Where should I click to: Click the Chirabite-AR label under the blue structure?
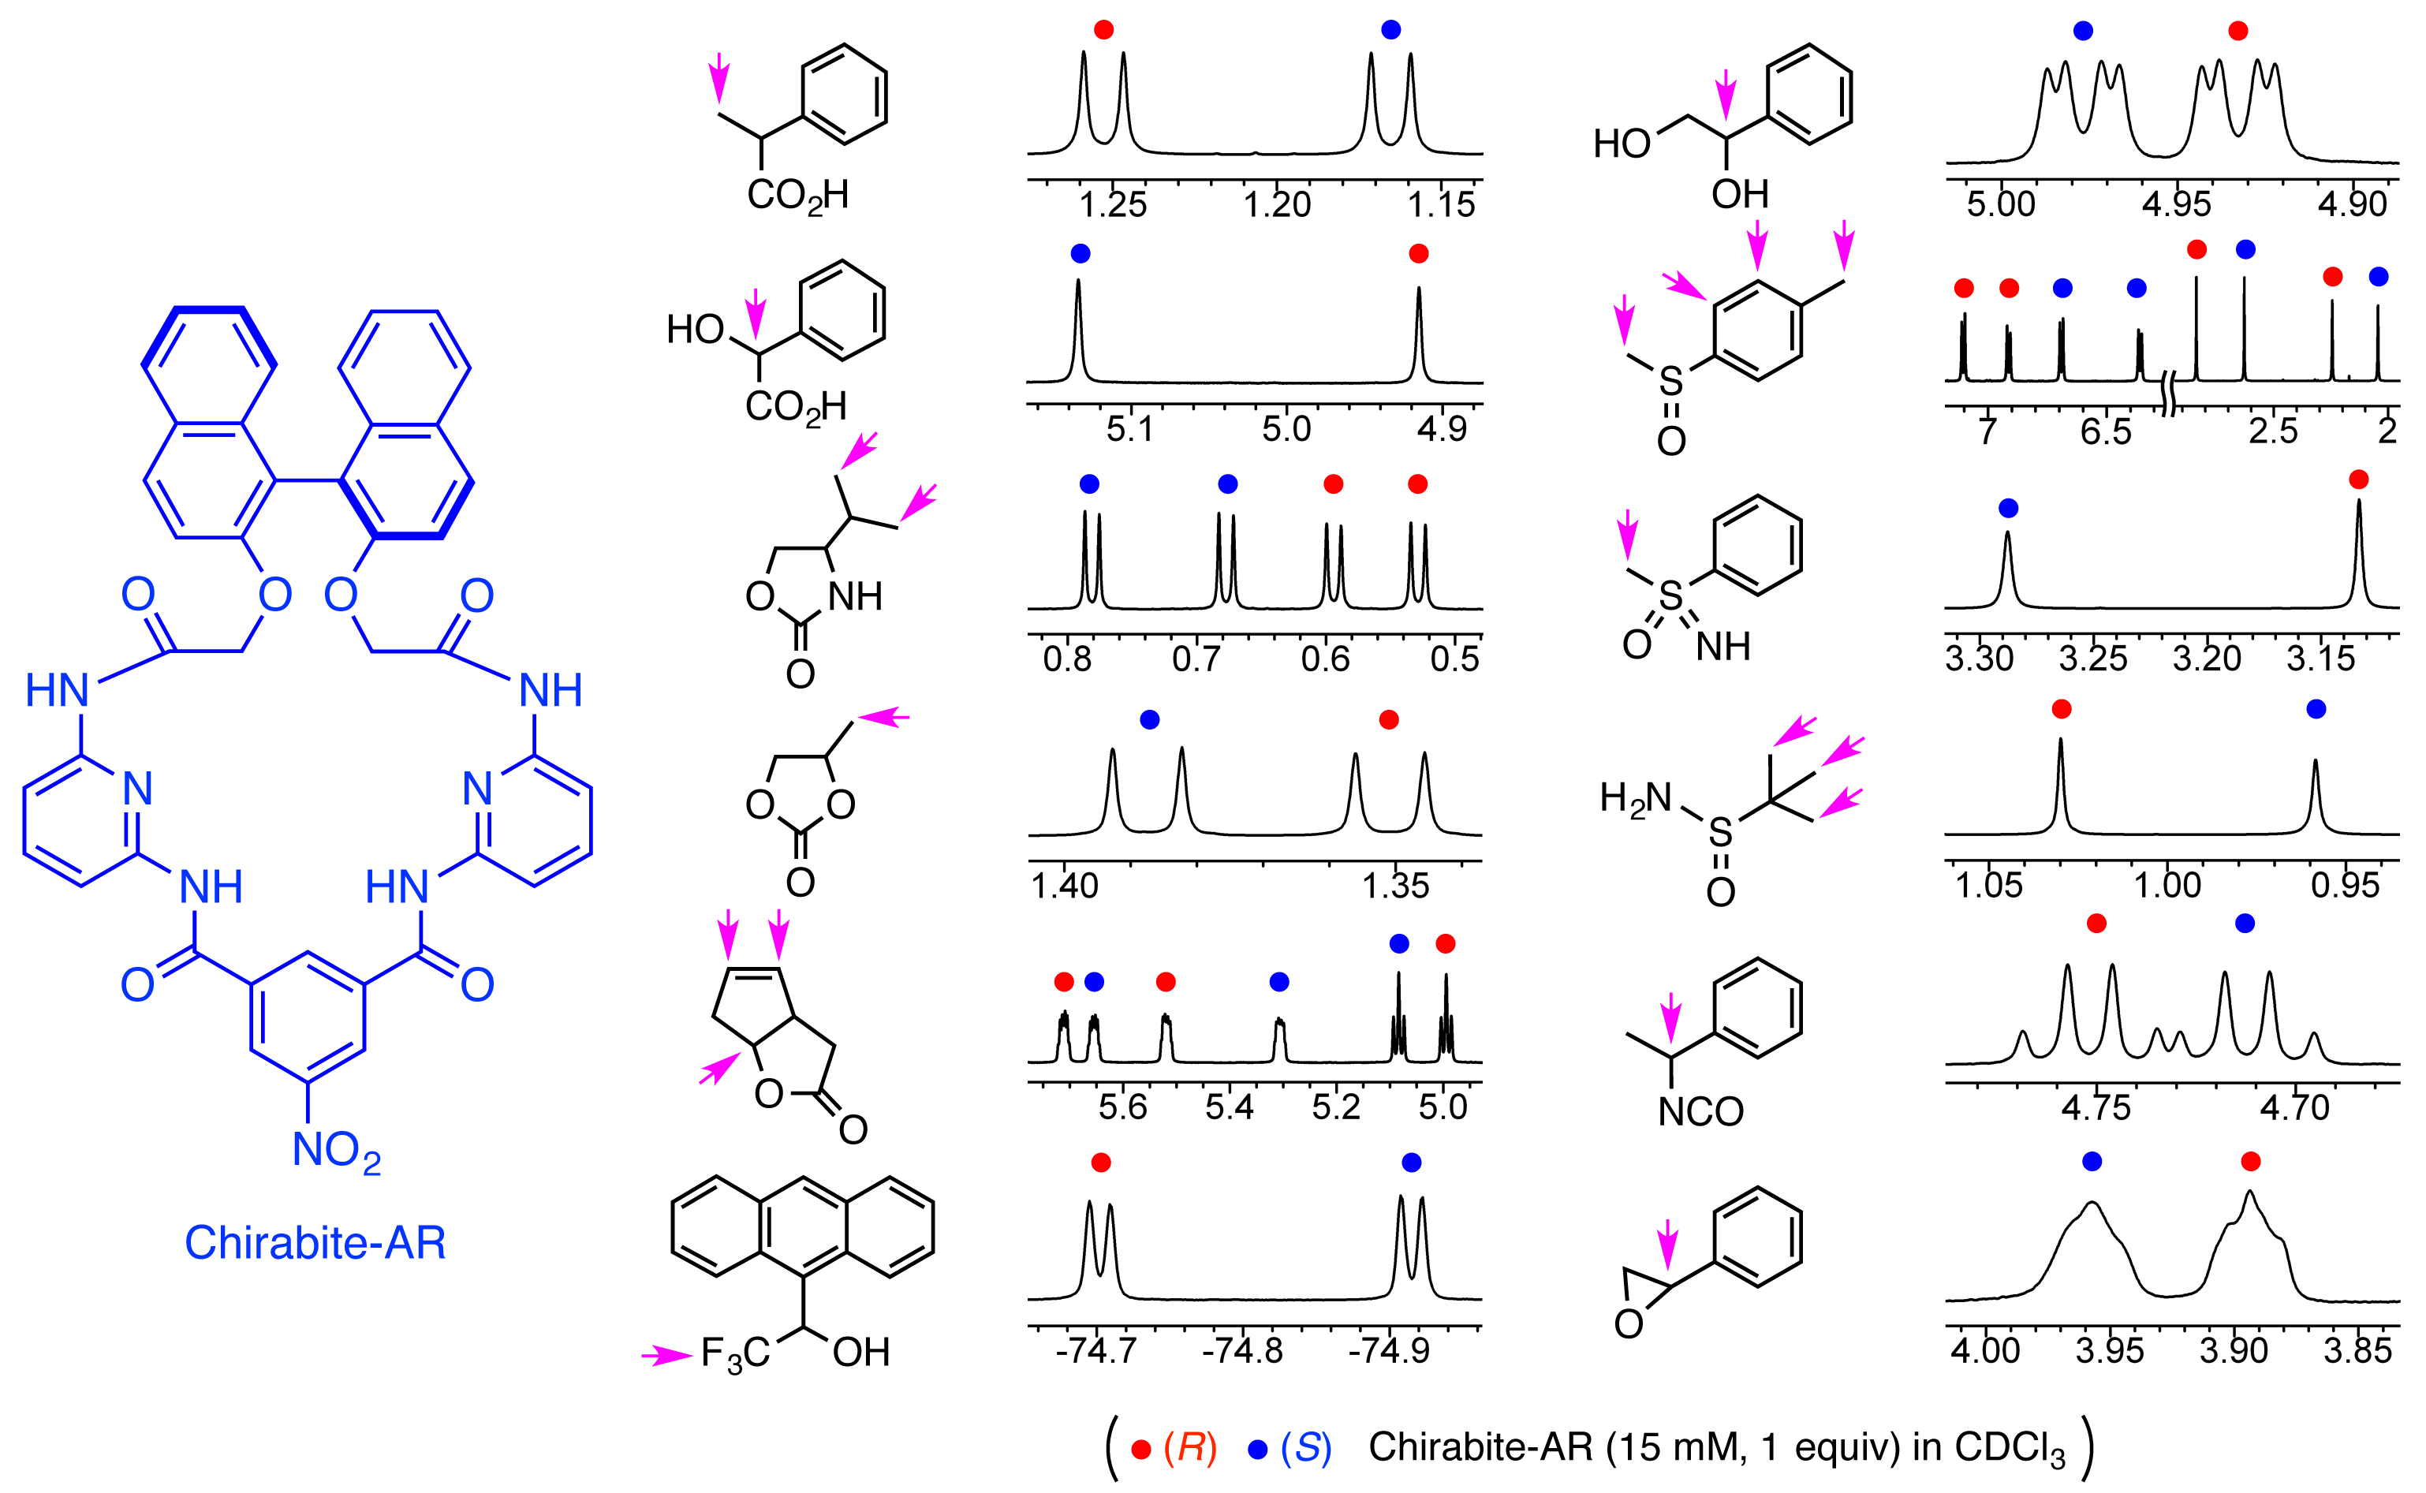(315, 1242)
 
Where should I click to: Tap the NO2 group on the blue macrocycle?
(336, 1151)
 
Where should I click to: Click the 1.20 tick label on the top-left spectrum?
(1277, 204)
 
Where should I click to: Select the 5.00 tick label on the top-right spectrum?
(2000, 204)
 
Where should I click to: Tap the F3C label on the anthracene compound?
(734, 1353)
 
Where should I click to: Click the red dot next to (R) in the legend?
(1141, 1450)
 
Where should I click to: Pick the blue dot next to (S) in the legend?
(1257, 1450)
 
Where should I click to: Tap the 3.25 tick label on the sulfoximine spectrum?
(2092, 658)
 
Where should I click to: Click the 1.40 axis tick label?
(1065, 886)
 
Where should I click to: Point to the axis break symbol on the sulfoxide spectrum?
(2168, 394)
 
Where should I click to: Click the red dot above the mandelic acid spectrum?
(1418, 254)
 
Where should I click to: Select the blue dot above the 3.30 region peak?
(2007, 509)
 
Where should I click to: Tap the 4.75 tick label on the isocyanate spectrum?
(2096, 1107)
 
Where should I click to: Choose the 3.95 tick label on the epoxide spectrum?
(2109, 1349)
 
